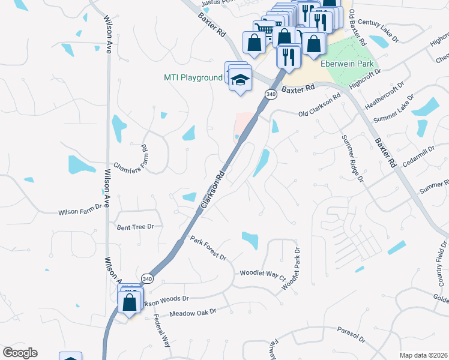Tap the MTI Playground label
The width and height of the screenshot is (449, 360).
[x=193, y=78]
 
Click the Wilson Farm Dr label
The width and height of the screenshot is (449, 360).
[x=81, y=212]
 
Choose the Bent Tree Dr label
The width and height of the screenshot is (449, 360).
[x=135, y=227]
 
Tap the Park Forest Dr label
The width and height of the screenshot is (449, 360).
[x=208, y=248]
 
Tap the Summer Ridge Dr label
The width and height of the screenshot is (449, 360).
[x=352, y=157]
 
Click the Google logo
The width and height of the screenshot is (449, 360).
[x=20, y=353]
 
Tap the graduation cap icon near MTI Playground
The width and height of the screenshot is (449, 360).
[x=240, y=80]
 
